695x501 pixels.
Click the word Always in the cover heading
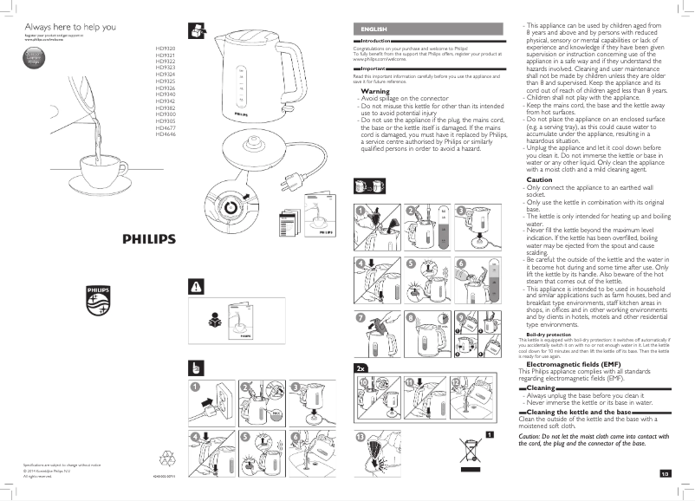point(37,28)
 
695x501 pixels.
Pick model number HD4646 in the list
point(165,133)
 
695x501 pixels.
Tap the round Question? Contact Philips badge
point(35,59)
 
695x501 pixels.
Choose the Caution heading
point(539,179)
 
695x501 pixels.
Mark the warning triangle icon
point(196,285)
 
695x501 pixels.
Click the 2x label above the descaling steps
point(361,368)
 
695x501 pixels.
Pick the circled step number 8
point(411,318)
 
